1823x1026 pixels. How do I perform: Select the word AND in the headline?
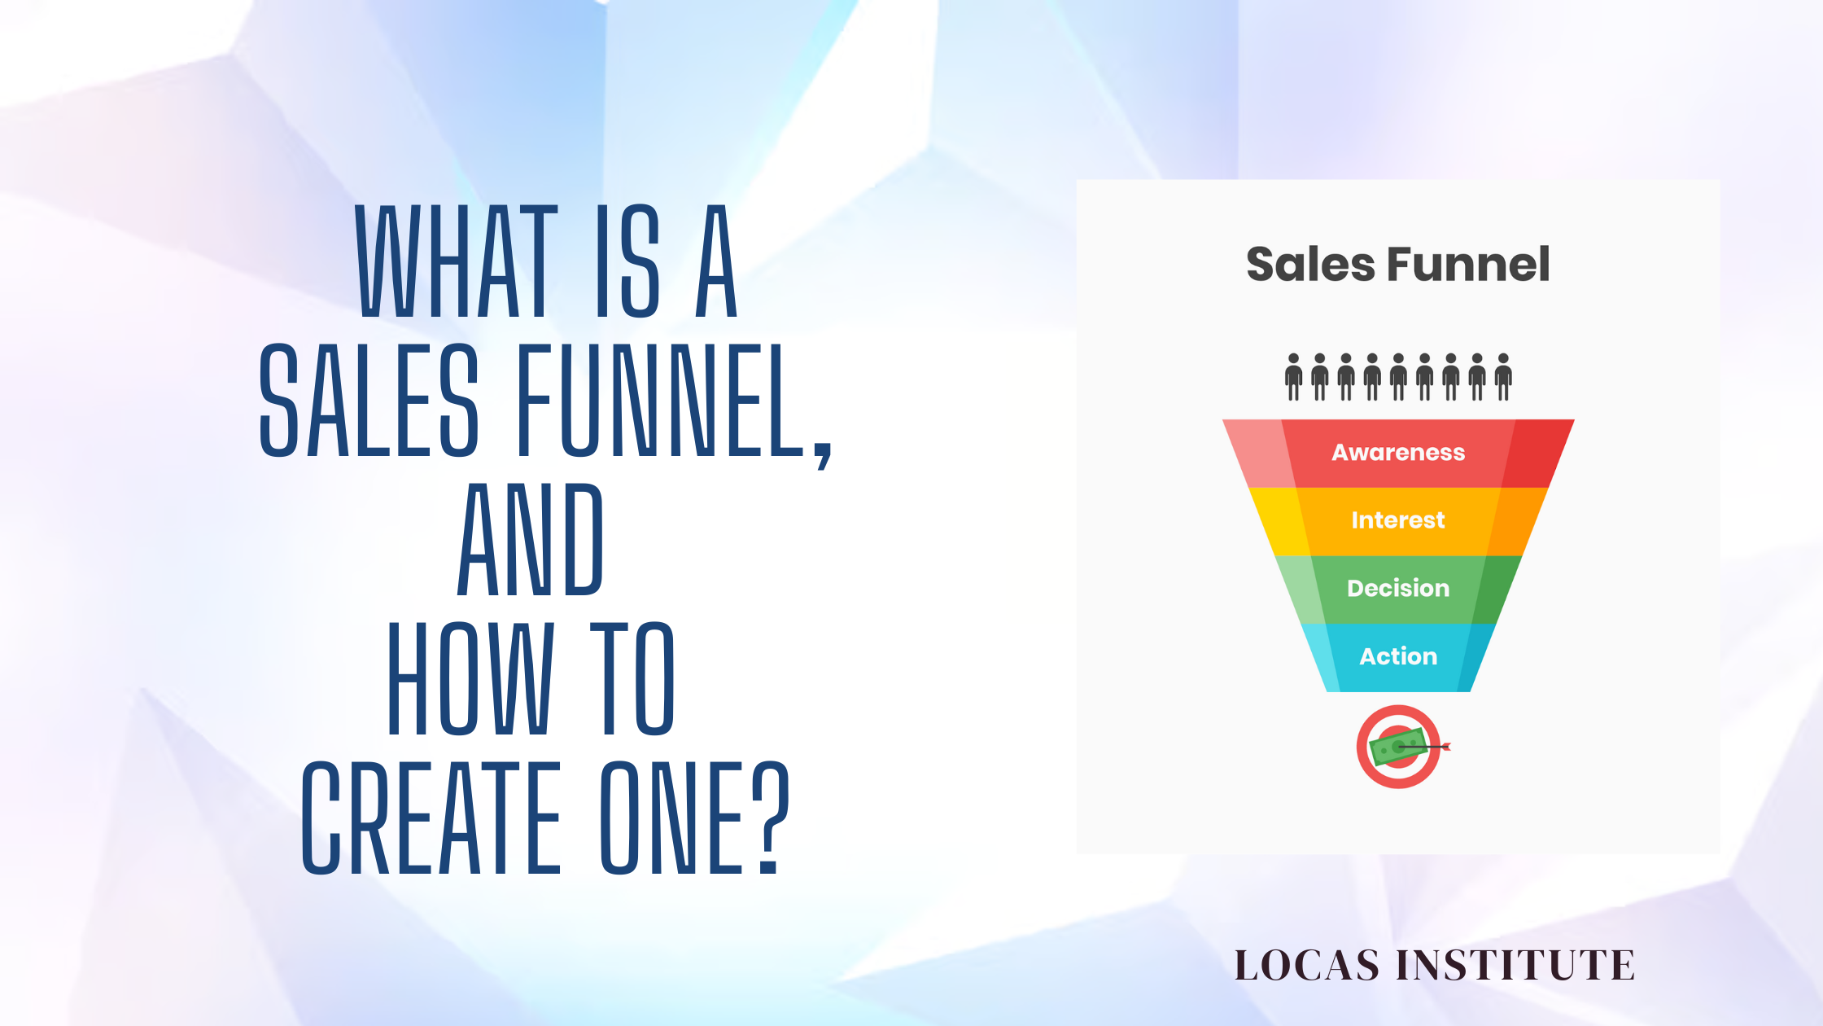coord(530,539)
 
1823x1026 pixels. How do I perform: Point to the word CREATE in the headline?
coord(431,818)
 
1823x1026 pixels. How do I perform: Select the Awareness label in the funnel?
coord(1397,453)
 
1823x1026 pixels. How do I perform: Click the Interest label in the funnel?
coord(1397,520)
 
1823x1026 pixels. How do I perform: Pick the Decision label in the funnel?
coord(1397,588)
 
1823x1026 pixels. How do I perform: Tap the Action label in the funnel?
coord(1397,656)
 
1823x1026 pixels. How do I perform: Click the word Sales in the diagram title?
coord(1311,265)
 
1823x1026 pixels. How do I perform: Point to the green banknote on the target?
coord(1393,748)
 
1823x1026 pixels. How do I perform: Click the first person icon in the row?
coord(1293,377)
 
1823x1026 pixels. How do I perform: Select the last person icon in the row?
coord(1503,377)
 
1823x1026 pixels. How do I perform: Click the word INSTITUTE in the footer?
coord(1515,966)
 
